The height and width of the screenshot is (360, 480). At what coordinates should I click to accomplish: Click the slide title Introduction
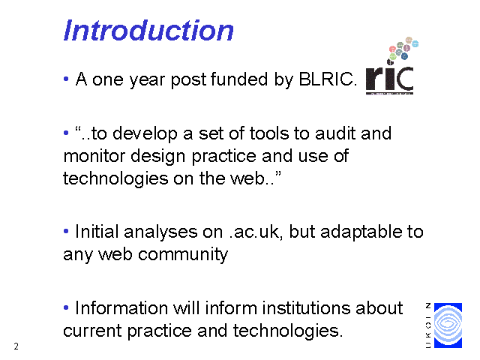(x=148, y=30)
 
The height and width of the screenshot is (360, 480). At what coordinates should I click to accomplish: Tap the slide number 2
(x=16, y=346)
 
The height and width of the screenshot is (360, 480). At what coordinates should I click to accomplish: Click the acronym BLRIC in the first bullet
(x=328, y=79)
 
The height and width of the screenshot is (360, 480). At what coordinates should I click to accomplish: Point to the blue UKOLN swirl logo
(x=448, y=325)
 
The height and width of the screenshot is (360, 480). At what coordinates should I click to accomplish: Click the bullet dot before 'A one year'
(x=66, y=79)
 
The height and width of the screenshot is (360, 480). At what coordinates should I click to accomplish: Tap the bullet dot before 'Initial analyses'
(x=66, y=231)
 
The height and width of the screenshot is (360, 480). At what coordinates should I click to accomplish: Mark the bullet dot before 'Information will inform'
(x=66, y=307)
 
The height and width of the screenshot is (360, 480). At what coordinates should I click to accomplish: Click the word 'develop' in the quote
(x=145, y=134)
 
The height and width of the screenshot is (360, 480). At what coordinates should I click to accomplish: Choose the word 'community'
(x=183, y=255)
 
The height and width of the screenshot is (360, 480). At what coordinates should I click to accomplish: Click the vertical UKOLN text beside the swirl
(x=428, y=325)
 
